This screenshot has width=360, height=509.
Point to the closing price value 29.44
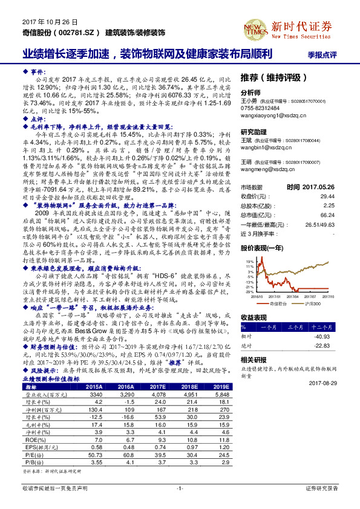click(x=327, y=196)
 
